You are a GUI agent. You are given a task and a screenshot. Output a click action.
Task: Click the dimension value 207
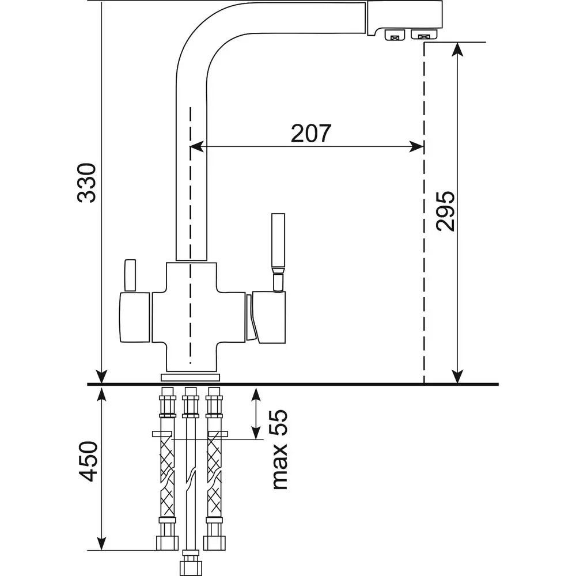[x=311, y=133]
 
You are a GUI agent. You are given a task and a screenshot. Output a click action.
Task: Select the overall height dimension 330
[x=87, y=183]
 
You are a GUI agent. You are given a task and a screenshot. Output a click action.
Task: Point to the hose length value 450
[x=87, y=461]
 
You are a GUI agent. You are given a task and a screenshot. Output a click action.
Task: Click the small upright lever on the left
[x=130, y=276]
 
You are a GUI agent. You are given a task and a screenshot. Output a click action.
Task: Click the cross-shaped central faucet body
[x=191, y=317]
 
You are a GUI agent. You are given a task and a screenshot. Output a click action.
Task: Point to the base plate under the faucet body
[x=190, y=377]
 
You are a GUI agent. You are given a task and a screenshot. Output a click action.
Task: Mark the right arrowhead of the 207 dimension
[x=417, y=147]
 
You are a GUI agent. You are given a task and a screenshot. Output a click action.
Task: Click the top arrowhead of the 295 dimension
[x=458, y=50]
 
